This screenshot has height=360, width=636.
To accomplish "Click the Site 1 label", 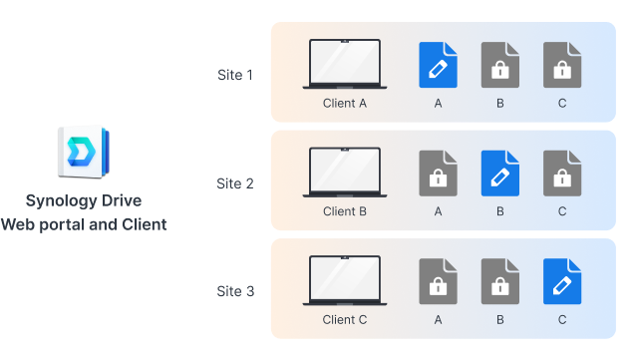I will point(235,75).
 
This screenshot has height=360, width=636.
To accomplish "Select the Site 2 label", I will point(235,183).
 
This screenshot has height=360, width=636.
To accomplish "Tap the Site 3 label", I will point(235,291).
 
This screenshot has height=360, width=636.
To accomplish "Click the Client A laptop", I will point(344,65).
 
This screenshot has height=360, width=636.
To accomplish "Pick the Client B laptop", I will point(344,174).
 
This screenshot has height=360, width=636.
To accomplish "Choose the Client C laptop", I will point(344,282).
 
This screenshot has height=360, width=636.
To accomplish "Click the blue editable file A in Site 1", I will point(438,65).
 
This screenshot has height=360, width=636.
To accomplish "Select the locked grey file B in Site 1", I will point(499,65).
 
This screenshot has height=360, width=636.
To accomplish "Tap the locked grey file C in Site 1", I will point(562,65).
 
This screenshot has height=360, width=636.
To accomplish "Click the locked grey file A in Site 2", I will point(438,174).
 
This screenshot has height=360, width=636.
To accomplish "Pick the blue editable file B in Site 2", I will point(499,174).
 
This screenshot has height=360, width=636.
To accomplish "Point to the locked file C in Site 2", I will point(562,174).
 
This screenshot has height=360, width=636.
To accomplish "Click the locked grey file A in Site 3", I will point(438,282).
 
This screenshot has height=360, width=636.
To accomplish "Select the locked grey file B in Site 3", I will point(499,282).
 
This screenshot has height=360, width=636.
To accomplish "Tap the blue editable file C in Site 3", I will point(562,282).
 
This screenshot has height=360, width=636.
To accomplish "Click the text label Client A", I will point(345,103).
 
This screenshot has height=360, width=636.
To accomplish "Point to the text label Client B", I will point(345,211).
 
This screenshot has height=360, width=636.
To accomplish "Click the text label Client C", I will point(345,320).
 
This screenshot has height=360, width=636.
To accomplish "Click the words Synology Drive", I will point(84,201).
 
